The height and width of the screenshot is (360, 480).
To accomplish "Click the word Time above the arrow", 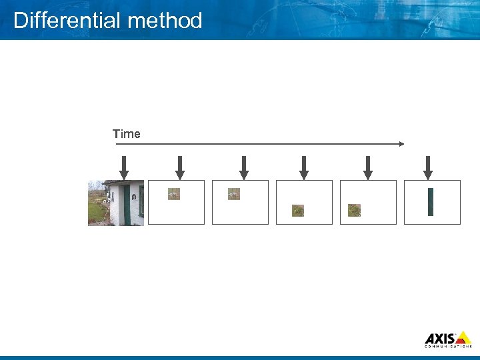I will coord(127,134).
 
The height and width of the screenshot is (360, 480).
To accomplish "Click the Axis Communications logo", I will coord(448,339).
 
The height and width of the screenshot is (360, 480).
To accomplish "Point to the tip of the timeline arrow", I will coord(403,143).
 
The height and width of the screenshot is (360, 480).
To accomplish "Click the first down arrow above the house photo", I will coord(124,167).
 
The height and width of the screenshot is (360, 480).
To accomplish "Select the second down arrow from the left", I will coord(179,167).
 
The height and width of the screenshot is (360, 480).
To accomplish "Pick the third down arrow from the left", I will coord(244,167).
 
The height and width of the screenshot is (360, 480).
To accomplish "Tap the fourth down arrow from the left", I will coord(304,167).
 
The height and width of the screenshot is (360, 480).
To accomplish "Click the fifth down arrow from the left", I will coord(367,167).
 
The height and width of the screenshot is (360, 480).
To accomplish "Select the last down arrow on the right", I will coord(428,167).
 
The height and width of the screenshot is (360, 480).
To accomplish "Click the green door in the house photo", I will coord(126,205).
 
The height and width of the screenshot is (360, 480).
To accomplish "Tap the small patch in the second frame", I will coord(173,194).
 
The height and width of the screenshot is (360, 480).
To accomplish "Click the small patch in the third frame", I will coord(233,194).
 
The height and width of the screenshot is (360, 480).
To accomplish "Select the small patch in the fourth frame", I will coord(298,211).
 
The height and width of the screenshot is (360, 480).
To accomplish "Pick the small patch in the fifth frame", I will coord(354,211).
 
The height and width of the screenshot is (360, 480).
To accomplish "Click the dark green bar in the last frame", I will coord(431,202).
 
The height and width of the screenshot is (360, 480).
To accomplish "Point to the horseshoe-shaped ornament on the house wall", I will coord(134,198).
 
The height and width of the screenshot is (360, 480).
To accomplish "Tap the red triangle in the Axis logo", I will coord(463,338).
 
